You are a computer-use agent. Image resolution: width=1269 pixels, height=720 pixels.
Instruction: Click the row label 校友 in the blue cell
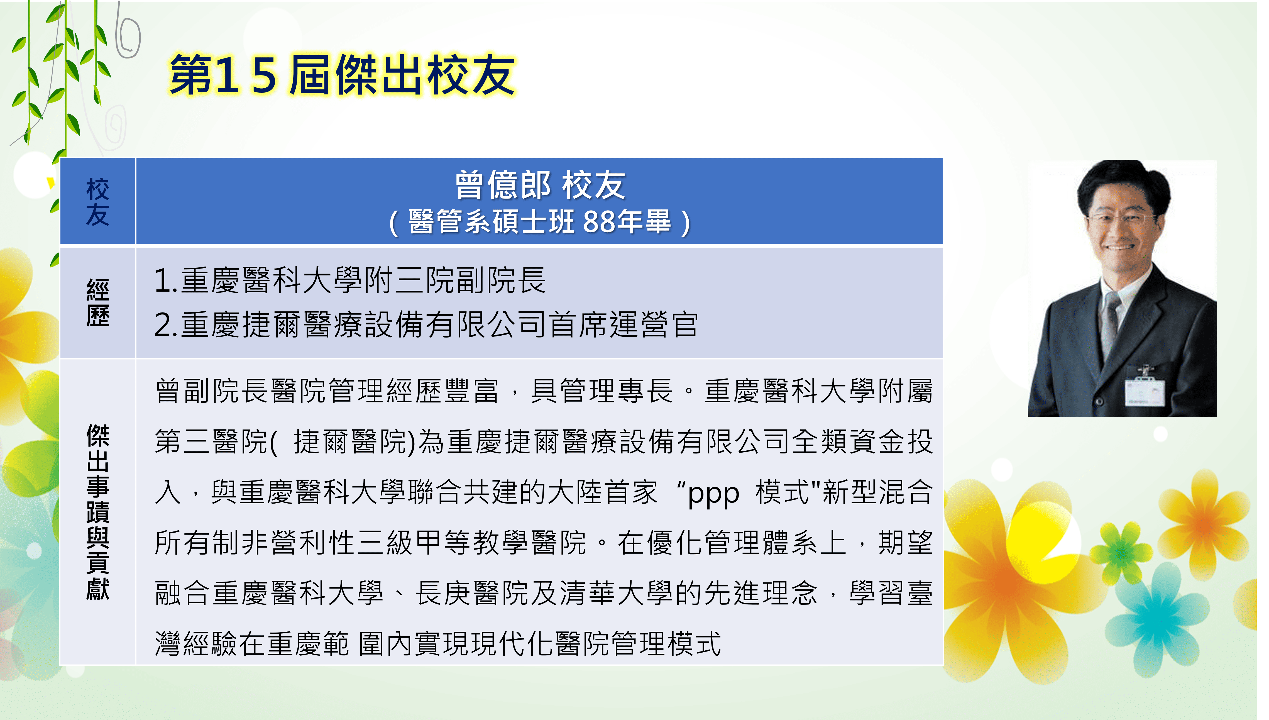coord(97,202)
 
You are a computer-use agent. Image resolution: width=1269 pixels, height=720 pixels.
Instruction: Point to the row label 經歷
coord(97,303)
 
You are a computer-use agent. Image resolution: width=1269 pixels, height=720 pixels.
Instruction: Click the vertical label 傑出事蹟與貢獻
coord(97,512)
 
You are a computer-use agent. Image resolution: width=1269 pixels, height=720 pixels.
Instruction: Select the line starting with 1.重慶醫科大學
coord(350,280)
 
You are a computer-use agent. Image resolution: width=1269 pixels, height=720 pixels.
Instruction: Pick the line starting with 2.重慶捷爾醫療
coord(426,324)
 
